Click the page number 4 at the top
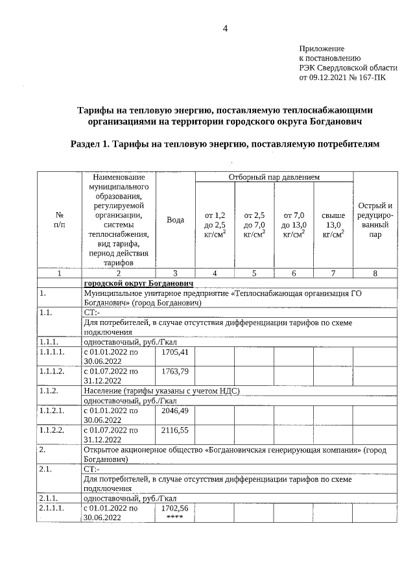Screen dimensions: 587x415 (225, 28)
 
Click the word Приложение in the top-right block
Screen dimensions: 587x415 (322, 49)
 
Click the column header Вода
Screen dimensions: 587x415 (175, 220)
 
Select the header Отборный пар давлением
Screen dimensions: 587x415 (274, 176)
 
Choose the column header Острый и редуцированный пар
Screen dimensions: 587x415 (375, 220)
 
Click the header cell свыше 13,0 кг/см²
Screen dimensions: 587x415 (333, 224)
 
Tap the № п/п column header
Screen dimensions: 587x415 (59, 220)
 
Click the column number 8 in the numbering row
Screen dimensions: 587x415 (375, 273)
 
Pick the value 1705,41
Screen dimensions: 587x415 (175, 352)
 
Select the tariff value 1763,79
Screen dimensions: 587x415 (175, 371)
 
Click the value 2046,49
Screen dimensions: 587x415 (175, 411)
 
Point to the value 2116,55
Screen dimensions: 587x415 (175, 429)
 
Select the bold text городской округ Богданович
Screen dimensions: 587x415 (139, 283)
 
